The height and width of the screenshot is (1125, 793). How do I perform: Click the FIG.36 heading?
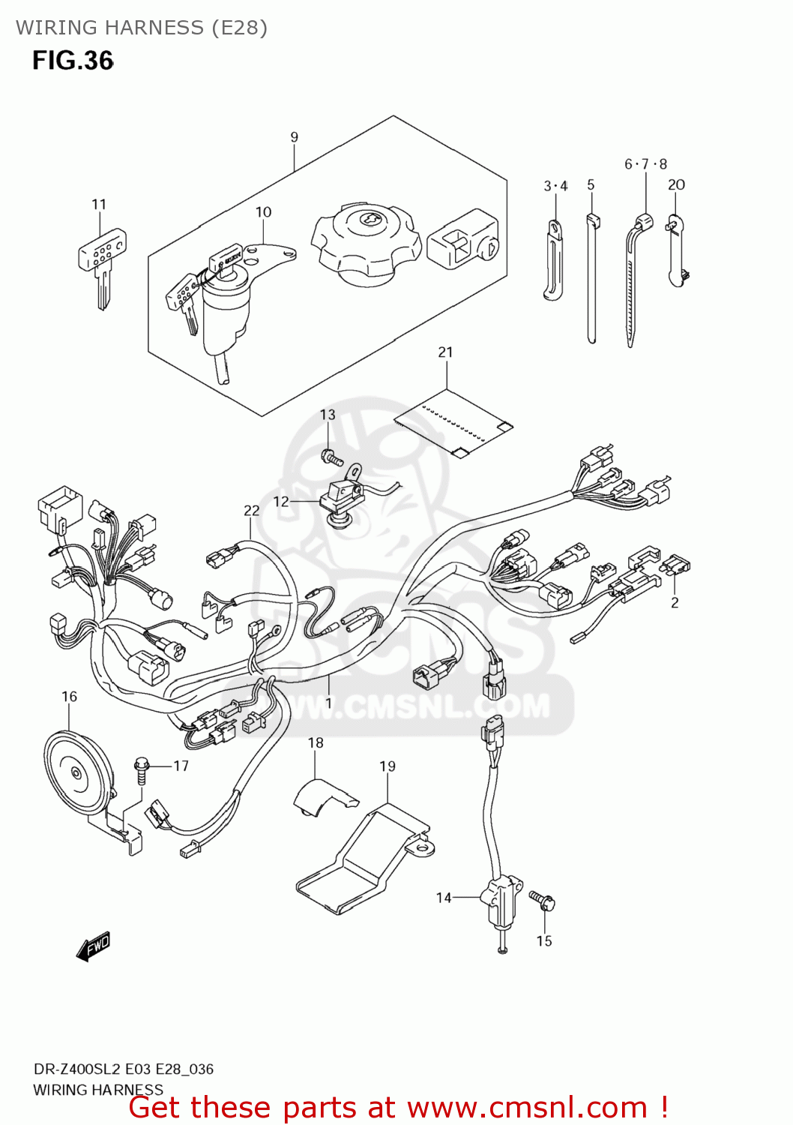[73, 61]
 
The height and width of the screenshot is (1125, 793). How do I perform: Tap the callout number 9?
[295, 137]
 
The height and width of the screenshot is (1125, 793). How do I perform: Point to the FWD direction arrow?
[94, 947]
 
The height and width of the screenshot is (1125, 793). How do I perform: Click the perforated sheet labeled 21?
[453, 424]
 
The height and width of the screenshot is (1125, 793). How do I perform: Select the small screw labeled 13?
[331, 456]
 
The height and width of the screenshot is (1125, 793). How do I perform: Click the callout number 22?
[252, 511]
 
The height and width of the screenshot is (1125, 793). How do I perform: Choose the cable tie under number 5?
[591, 277]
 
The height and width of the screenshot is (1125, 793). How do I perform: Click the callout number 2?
[675, 603]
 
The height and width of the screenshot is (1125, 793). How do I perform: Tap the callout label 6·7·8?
[645, 164]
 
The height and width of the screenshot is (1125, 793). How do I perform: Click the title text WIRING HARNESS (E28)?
[142, 28]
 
